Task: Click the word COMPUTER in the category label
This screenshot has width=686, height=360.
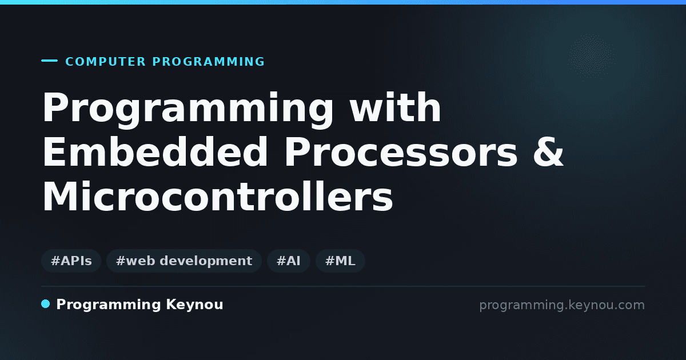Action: point(105,62)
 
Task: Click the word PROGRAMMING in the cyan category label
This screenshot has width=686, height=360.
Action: point(208,62)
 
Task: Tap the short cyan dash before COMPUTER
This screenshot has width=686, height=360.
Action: point(49,61)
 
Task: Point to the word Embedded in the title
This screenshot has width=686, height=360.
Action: point(155,151)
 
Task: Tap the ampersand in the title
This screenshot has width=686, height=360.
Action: point(548,152)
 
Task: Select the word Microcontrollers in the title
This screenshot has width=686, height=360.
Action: point(217,196)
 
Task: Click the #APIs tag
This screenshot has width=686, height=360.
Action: point(71,261)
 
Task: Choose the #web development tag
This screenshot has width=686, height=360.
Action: point(184,261)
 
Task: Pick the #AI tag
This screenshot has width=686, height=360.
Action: point(289,261)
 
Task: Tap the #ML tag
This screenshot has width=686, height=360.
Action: point(340,261)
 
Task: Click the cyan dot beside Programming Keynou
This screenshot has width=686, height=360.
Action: point(46,304)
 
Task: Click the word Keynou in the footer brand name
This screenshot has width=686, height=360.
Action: point(194,305)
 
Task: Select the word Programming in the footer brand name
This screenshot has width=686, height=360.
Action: point(109,305)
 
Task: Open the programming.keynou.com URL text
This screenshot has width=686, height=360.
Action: point(562,305)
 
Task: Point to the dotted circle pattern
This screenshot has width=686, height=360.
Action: point(591,57)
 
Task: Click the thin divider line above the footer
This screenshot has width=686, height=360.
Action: point(343,286)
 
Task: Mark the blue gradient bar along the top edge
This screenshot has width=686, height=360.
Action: point(343,2)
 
